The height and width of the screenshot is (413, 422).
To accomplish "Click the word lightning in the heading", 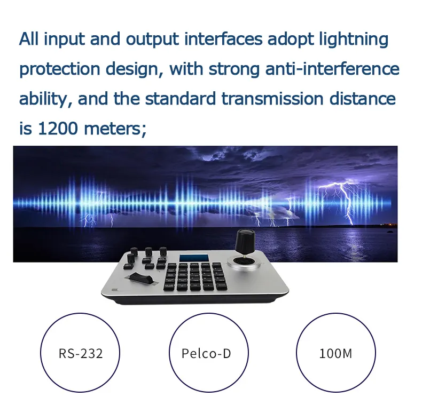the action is point(354,40).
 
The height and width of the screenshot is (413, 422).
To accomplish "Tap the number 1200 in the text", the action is point(58,128).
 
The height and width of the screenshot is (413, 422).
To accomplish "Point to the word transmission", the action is point(272,98).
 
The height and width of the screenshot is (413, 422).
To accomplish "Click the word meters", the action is point(115,129).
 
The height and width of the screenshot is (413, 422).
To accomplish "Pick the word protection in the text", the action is point(60,69).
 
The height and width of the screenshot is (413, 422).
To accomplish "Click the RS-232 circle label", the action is point(81,353).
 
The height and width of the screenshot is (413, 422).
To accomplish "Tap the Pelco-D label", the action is point(206,353).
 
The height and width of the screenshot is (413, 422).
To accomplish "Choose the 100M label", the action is point(335,353).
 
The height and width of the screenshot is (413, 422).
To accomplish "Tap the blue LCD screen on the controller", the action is point(194,258).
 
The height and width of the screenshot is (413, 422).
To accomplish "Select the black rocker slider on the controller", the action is point(140,279).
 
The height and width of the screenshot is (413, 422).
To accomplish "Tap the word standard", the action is point(181,98).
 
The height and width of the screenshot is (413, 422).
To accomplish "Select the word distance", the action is point(363,98).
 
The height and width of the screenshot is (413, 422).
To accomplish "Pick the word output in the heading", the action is point(152,40).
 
